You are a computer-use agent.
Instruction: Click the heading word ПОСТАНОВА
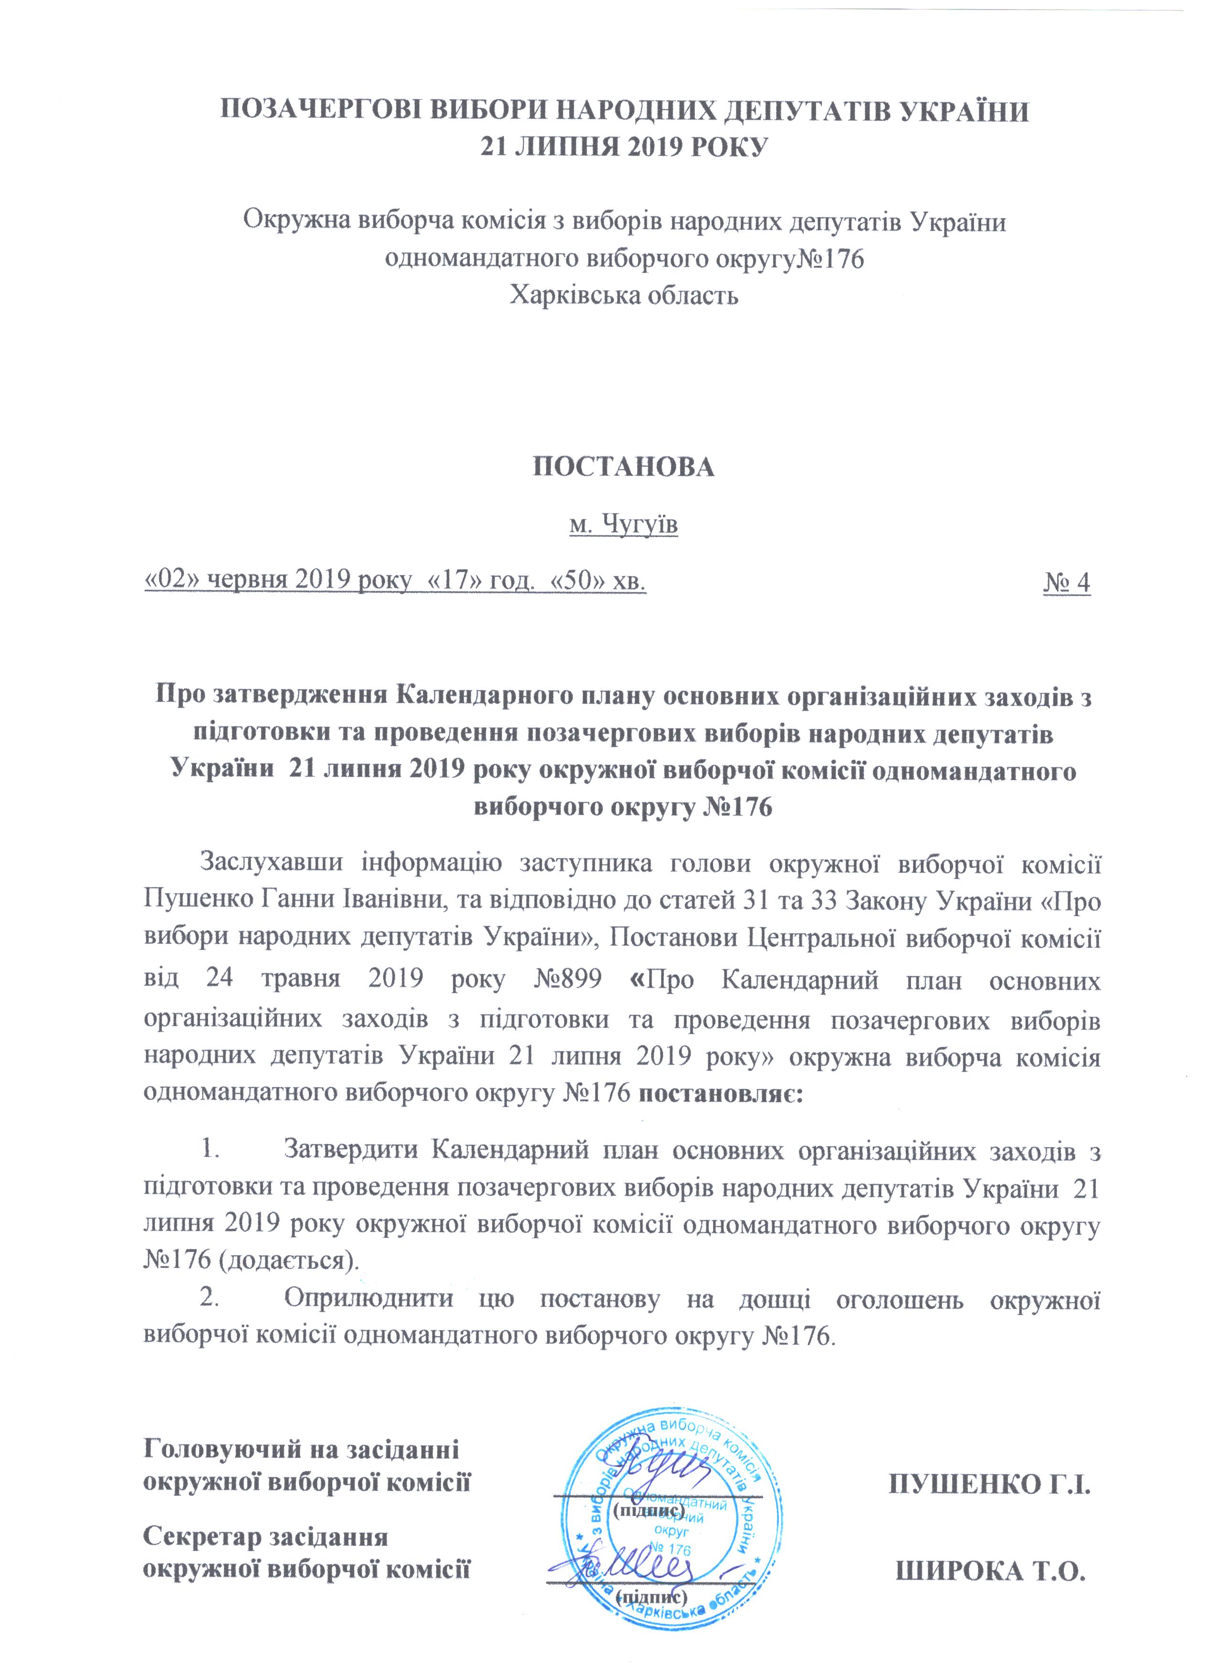pyautogui.click(x=624, y=467)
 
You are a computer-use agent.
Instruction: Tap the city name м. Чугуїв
pyautogui.click(x=624, y=525)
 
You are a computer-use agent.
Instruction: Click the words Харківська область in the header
pyautogui.click(x=624, y=296)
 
